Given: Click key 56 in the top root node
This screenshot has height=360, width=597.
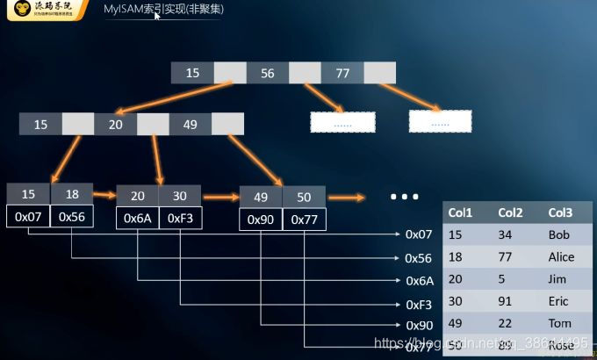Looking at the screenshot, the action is click(x=267, y=73).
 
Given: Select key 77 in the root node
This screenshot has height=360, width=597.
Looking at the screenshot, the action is click(x=342, y=73).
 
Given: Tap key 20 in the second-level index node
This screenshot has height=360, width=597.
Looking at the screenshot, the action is click(x=115, y=125).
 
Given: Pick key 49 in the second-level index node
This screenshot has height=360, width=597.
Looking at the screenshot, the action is click(x=191, y=125).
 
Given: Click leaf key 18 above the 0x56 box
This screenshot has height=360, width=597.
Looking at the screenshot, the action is click(x=72, y=195).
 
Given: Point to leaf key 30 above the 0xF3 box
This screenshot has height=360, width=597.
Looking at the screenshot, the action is click(x=180, y=195).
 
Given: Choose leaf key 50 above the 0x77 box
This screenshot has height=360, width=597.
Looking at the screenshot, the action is click(x=304, y=198).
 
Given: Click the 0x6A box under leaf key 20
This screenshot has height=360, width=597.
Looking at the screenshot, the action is click(x=138, y=217).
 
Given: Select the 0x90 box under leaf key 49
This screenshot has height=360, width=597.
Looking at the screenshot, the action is click(x=261, y=219).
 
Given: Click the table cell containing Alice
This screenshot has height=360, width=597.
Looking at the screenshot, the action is click(x=561, y=257).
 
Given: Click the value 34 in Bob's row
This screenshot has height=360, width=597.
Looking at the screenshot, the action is click(x=505, y=235).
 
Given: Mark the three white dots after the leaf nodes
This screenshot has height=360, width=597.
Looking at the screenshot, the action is click(x=404, y=197).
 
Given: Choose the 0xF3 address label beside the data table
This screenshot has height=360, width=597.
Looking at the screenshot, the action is click(x=419, y=303).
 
